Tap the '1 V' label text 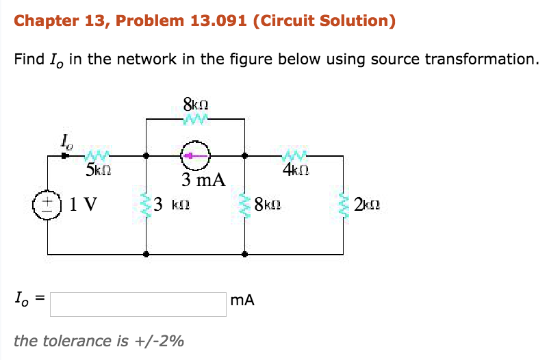pos(84,204)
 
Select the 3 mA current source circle pos(195,156)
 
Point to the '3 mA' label pos(203,180)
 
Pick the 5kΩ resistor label pos(99,168)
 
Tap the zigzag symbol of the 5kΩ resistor pos(97,155)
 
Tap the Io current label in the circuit pos(66,142)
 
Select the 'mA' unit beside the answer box pos(243,300)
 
